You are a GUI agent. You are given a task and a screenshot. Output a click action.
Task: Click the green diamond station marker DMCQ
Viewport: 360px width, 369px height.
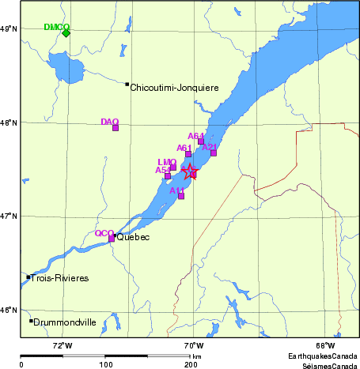tap(66, 32)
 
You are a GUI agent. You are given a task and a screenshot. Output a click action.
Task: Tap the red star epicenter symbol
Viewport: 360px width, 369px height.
tap(190, 172)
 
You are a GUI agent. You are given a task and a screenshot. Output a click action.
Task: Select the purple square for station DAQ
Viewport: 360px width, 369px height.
tap(116, 128)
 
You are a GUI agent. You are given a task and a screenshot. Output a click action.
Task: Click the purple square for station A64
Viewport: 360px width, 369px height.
tap(201, 141)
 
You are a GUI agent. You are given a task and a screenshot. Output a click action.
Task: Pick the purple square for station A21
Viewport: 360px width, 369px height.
tap(214, 152)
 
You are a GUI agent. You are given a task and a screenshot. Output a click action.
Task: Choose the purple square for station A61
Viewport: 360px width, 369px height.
tap(188, 153)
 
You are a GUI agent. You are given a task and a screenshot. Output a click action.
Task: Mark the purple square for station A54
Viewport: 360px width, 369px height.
tap(168, 175)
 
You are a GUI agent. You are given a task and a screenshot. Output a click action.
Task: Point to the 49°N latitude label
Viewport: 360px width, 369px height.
tap(9, 29)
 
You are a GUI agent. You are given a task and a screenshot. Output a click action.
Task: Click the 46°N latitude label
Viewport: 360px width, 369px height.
tap(9, 310)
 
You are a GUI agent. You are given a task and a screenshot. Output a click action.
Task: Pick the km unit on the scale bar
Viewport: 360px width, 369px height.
tap(196, 357)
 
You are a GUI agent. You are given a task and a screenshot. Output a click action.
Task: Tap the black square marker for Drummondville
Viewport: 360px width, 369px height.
tap(31, 321)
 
